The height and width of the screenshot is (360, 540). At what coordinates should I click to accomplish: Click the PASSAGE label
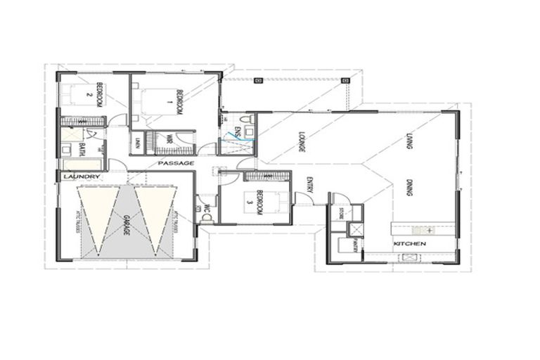175,163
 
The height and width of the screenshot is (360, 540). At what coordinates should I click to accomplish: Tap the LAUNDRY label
77,176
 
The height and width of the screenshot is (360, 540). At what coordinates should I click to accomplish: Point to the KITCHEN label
410,243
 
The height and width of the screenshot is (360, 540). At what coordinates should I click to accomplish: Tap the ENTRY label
309,184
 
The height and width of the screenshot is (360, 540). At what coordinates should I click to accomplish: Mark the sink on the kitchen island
425,230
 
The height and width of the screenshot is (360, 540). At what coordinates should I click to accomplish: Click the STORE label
341,212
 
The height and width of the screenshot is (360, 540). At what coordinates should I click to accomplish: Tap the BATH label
82,148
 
